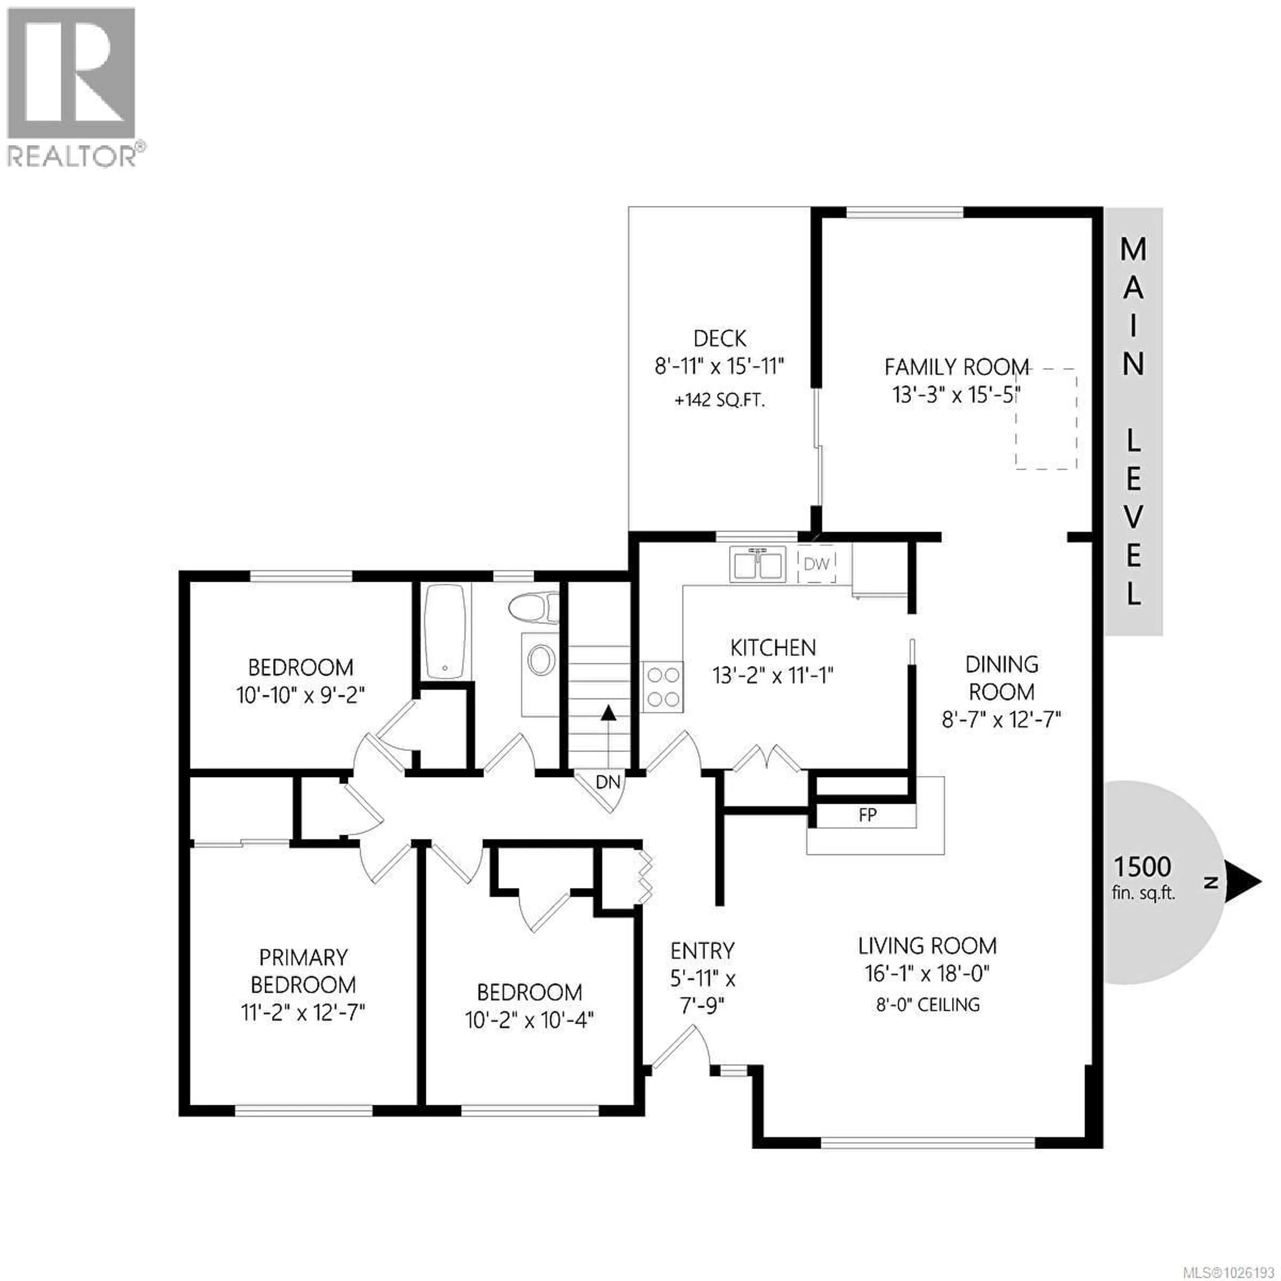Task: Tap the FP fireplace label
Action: [x=867, y=815]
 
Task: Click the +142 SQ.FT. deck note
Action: [x=720, y=400]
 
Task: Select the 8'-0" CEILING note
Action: [x=928, y=1004]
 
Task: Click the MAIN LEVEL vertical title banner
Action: [x=1133, y=422]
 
